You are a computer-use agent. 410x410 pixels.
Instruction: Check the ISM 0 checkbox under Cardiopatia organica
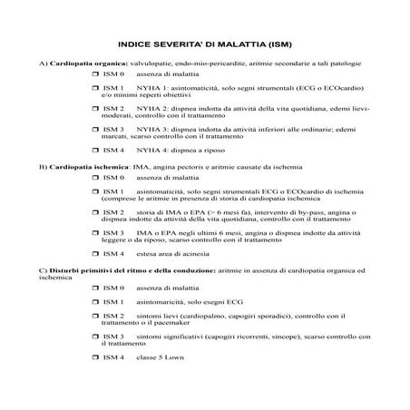click(95, 74)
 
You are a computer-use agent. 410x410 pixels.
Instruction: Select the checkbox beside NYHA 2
click(95, 108)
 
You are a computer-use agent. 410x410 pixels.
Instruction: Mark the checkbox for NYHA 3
click(95, 129)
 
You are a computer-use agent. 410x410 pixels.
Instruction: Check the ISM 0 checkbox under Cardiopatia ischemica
click(95, 181)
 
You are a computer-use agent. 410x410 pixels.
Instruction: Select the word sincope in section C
click(275, 337)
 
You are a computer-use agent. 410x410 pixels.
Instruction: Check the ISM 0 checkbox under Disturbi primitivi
click(95, 287)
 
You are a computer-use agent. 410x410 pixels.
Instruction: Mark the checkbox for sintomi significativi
click(95, 337)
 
